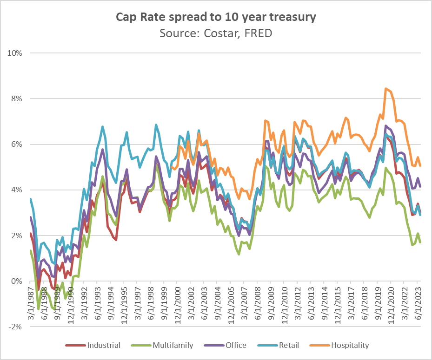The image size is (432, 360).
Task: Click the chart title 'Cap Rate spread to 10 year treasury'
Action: (x=215, y=18)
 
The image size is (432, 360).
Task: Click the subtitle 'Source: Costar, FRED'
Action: (x=215, y=33)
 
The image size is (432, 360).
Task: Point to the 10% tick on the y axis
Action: (x=15, y=53)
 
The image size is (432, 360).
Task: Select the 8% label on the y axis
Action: (x=17, y=98)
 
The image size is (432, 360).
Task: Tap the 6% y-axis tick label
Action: (x=17, y=144)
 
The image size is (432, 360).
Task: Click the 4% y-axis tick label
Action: (x=17, y=190)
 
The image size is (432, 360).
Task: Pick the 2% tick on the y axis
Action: (x=17, y=236)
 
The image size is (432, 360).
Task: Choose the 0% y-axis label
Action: (x=17, y=281)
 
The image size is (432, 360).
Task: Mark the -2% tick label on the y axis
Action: (x=16, y=327)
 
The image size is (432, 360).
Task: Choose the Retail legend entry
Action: (x=288, y=345)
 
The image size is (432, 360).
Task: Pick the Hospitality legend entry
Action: (x=349, y=345)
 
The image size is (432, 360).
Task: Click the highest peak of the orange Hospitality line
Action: (x=385, y=88)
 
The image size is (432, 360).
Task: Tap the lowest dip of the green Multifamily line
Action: (x=38, y=308)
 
